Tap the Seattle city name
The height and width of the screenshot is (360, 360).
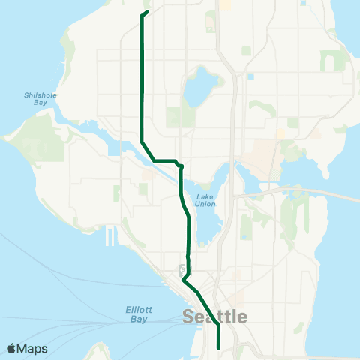tap(214, 317)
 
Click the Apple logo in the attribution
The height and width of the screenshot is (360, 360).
tap(11, 349)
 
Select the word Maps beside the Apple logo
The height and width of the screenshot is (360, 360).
tap(33, 349)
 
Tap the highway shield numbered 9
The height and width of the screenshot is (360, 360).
tap(183, 268)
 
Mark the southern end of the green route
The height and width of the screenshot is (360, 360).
tap(218, 347)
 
